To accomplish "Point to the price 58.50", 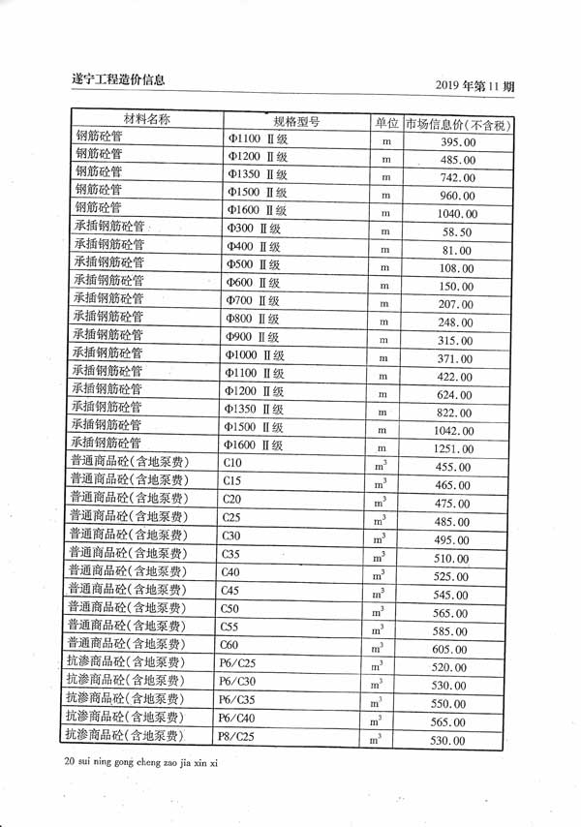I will coord(456,232).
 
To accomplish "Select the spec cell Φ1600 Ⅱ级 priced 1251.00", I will coord(254,445).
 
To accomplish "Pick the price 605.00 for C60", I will coord(450,649).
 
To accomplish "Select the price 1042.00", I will coord(454,431).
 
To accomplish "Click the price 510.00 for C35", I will coord(451,559).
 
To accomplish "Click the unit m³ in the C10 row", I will coord(380,467).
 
